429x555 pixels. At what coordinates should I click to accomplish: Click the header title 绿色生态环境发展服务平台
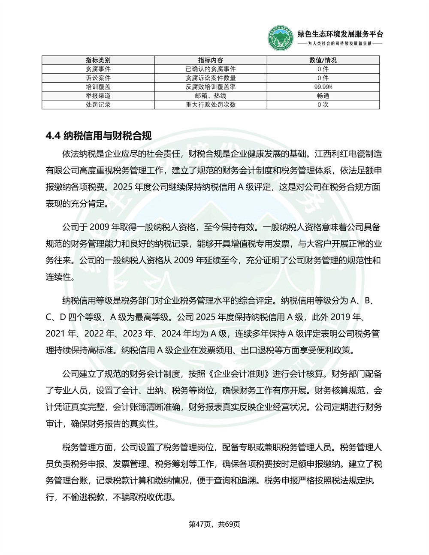[340, 34]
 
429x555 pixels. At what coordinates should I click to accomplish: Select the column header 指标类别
[98, 60]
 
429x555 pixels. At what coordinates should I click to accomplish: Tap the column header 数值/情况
[323, 60]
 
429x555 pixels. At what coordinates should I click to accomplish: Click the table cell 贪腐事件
[98, 69]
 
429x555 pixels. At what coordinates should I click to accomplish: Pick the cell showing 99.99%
[323, 87]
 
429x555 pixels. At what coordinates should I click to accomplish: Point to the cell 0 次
[323, 105]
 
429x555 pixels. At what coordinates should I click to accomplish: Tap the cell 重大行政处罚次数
[211, 105]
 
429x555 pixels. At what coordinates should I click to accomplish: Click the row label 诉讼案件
[98, 78]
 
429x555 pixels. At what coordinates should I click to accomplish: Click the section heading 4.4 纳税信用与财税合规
[99, 136]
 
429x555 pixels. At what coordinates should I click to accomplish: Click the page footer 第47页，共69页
[214, 524]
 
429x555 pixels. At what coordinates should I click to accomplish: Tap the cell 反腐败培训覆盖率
[211, 87]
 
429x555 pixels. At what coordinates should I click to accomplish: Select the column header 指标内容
[211, 60]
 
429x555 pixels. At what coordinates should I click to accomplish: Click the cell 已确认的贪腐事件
[211, 69]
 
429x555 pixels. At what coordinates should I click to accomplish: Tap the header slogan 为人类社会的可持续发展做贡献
[340, 44]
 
